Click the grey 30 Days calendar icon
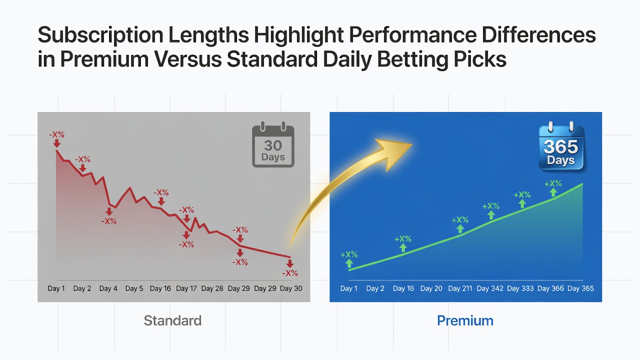click(x=273, y=144)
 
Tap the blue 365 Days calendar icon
click(x=561, y=146)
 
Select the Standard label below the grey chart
click(x=172, y=320)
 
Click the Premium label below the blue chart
click(x=465, y=320)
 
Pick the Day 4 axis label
click(x=108, y=288)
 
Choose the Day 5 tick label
click(x=134, y=288)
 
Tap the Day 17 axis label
click(x=186, y=288)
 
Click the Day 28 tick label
click(x=212, y=288)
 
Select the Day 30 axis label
click(x=291, y=288)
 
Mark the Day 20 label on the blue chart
click(x=431, y=288)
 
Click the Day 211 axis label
click(x=460, y=288)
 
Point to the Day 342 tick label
click(x=490, y=288)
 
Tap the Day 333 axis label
click(x=520, y=288)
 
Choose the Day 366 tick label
click(x=550, y=288)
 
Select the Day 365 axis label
click(x=580, y=288)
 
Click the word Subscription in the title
click(x=100, y=35)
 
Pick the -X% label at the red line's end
click(x=290, y=273)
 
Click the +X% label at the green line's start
click(x=349, y=254)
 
